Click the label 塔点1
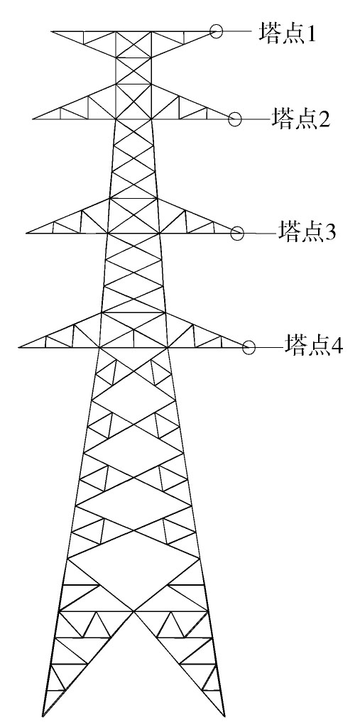[x=287, y=33]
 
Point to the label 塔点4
[x=314, y=346]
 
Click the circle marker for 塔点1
[x=216, y=31]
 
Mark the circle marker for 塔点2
[x=235, y=119]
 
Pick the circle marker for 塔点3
[x=237, y=233]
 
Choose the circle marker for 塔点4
[x=249, y=346]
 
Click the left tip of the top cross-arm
[x=51, y=31]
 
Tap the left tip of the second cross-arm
[x=33, y=119]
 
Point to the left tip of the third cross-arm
[x=26, y=233]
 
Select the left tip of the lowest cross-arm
[x=18, y=346]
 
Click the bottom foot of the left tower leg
[x=43, y=716]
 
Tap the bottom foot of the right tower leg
[x=225, y=716]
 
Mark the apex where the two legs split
[x=134, y=611]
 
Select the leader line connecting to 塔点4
[x=270, y=346]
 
